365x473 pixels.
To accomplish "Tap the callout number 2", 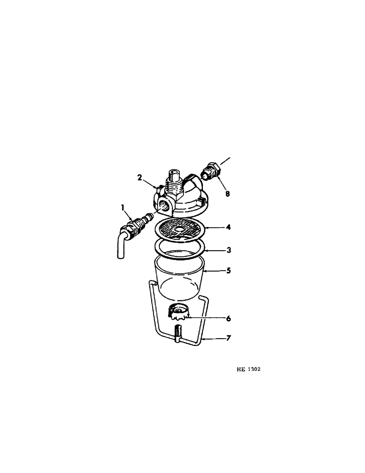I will (140, 177).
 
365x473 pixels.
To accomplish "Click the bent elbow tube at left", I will (122, 244).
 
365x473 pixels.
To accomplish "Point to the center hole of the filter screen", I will (179, 230).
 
